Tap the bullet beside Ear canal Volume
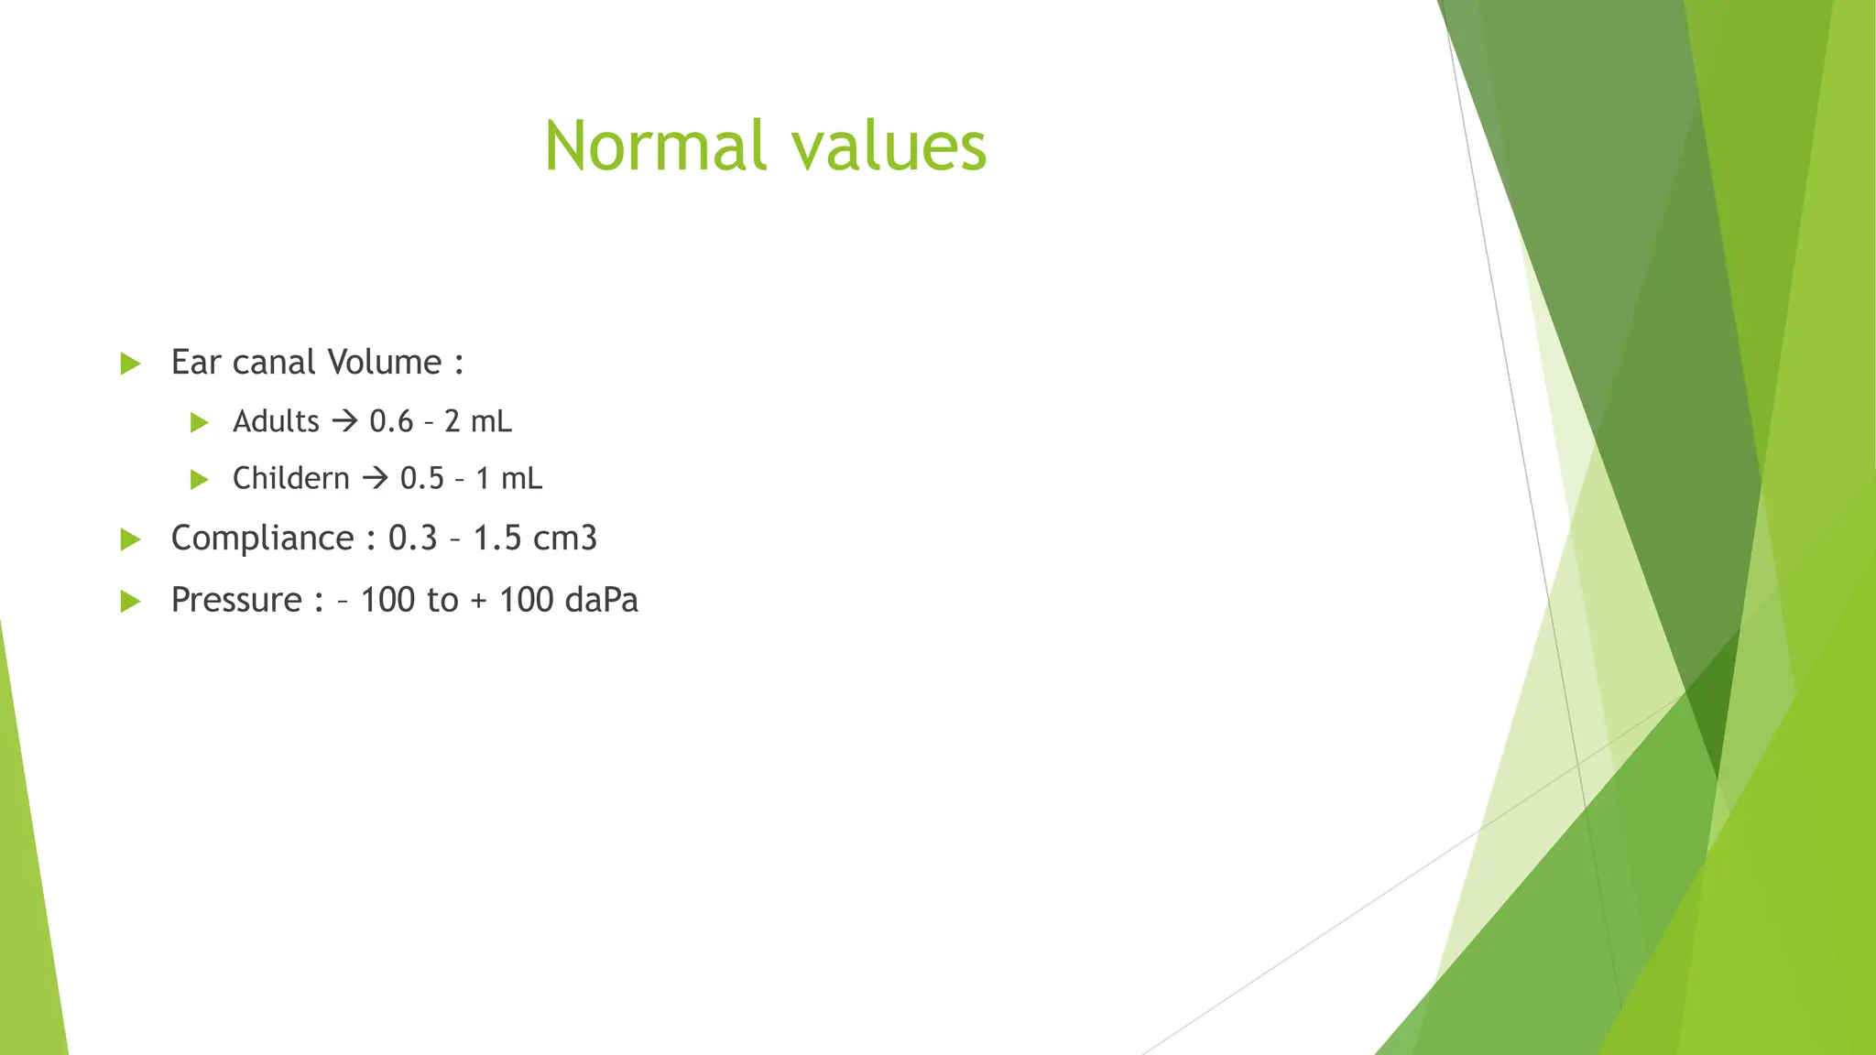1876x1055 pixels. coord(130,364)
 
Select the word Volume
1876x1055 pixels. coord(385,363)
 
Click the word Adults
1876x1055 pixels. coord(276,422)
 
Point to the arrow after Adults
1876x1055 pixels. coord(344,422)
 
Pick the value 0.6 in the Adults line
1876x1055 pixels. coord(391,422)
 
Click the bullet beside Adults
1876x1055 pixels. coord(199,423)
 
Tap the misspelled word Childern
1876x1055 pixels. coord(290,479)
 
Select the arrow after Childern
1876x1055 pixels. coord(375,479)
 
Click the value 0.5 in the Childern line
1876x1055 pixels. coord(421,479)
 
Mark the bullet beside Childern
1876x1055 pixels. coord(199,480)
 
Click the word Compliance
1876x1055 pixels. coord(262,538)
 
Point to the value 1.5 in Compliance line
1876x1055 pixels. coord(497,538)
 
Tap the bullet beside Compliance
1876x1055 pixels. coord(130,539)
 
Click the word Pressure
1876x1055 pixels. coord(236,601)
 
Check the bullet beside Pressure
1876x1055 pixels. coord(130,602)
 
